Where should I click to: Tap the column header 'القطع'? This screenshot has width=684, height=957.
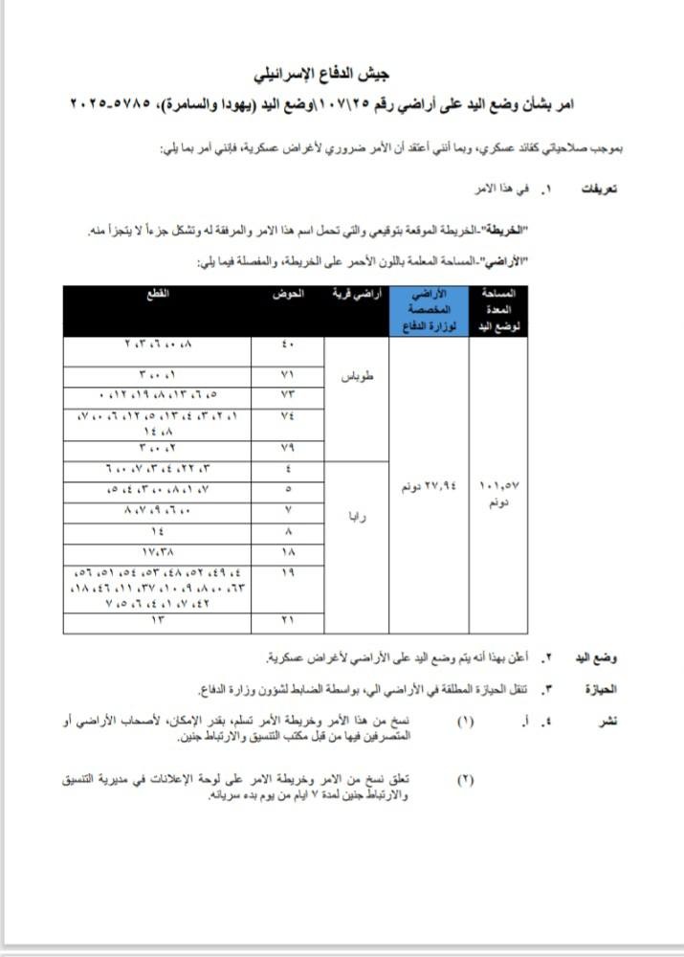(156, 294)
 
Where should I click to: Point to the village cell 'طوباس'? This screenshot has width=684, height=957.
(356, 376)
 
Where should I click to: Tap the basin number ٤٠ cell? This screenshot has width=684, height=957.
(288, 346)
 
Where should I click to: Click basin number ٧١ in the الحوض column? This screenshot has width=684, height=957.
(288, 375)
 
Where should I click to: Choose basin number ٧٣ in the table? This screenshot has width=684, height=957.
(288, 394)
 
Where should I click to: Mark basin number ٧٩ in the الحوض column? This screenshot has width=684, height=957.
(288, 448)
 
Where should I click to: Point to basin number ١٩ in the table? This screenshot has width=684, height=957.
(288, 571)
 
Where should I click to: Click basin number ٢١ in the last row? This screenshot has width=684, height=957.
(288, 622)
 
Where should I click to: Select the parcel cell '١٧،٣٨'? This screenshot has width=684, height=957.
(156, 553)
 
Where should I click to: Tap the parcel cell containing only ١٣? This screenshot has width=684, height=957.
(156, 622)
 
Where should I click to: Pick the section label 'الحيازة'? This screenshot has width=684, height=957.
(598, 689)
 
